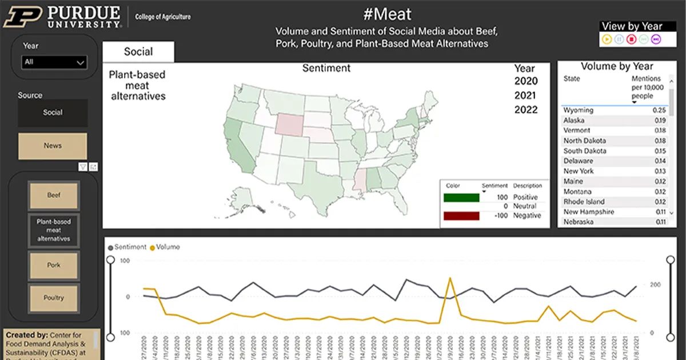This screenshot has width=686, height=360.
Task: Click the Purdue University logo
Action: (63, 17)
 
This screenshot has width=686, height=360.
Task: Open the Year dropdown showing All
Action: (54, 62)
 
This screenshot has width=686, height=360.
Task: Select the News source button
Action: (53, 146)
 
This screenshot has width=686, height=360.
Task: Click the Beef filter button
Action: (54, 195)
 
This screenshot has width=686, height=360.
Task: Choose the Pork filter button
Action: (54, 265)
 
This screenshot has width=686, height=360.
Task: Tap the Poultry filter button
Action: (54, 298)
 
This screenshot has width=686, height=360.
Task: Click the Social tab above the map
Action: (138, 52)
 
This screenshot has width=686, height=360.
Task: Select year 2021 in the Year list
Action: (526, 95)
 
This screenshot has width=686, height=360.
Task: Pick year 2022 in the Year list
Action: (526, 110)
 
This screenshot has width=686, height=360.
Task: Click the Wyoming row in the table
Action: (579, 110)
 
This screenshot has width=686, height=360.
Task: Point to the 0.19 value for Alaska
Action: (660, 121)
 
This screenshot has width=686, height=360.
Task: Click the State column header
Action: (572, 79)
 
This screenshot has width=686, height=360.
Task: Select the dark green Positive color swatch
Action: (461, 198)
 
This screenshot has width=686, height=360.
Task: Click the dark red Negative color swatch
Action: (461, 216)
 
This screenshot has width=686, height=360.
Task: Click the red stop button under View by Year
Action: (631, 39)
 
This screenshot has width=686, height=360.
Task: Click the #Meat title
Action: (387, 14)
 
